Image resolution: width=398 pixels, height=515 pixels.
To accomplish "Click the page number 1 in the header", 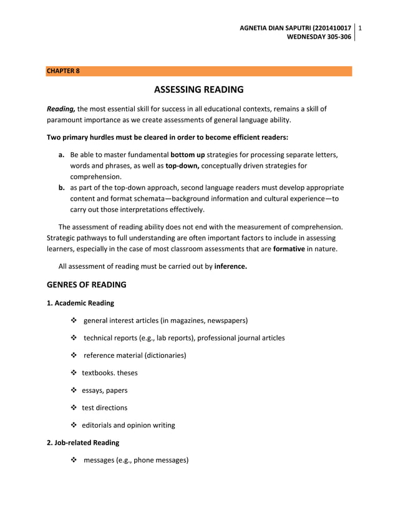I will (361, 27).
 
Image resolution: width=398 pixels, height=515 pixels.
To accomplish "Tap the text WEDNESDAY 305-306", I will (319, 37).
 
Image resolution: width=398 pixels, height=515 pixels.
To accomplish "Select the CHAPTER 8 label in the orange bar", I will (63, 71).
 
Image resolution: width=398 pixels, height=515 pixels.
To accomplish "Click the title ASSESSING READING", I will (198, 89).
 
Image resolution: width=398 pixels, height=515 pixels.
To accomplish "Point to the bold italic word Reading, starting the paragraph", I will (61, 108).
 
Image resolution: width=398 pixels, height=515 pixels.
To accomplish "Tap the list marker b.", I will (62, 187).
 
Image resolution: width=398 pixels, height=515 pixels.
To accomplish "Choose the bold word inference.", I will (230, 266).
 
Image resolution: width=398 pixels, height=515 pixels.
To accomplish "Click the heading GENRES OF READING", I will (87, 285).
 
